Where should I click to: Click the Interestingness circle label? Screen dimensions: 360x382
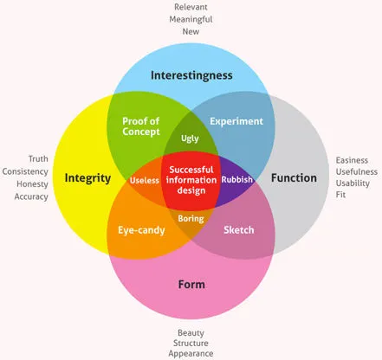click(191, 74)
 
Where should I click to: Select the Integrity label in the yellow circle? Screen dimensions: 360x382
click(87, 178)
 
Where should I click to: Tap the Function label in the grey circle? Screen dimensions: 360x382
click(294, 178)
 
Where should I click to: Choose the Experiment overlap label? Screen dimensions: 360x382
click(236, 122)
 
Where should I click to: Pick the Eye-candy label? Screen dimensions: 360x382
click(141, 231)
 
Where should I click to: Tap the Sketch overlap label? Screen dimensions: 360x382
click(238, 231)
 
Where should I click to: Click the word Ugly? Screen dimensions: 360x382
click(191, 138)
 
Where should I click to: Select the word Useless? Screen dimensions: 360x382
click(145, 180)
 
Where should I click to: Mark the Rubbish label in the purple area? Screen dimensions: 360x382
click(236, 179)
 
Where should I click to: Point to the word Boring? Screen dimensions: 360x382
click(191, 219)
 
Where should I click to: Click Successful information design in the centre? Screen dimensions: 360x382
click(191, 179)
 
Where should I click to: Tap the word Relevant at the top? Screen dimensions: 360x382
click(191, 7)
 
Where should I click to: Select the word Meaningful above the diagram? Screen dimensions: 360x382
click(191, 19)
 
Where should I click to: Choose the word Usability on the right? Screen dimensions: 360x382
click(352, 184)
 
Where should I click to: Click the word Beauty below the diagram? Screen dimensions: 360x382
click(191, 332)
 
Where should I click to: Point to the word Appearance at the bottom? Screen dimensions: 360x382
click(191, 354)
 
